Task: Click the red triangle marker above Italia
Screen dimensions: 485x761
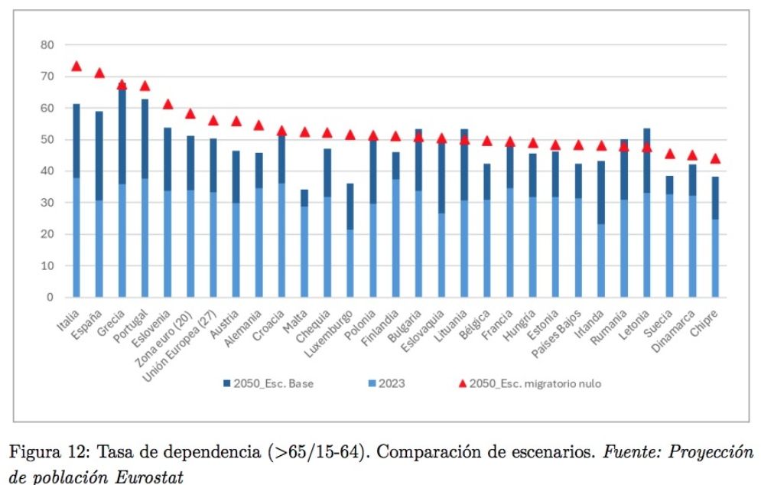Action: pyautogui.click(x=76, y=67)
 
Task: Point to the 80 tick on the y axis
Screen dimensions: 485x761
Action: pyautogui.click(x=47, y=45)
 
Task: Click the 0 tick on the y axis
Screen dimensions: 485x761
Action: pyautogui.click(x=50, y=297)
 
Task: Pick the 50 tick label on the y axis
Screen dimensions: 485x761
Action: pyautogui.click(x=47, y=140)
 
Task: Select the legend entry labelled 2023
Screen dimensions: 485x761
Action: pyautogui.click(x=392, y=383)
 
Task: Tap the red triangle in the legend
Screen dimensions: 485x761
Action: pyautogui.click(x=462, y=383)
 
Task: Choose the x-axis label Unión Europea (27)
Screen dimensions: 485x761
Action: pyautogui.click(x=186, y=336)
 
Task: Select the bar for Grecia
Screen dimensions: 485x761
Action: pyautogui.click(x=122, y=191)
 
